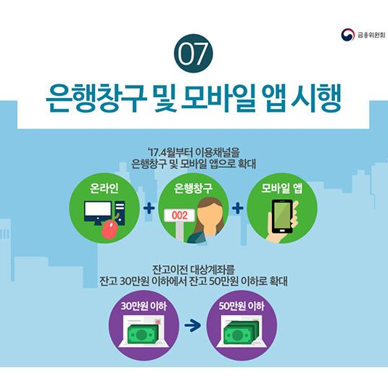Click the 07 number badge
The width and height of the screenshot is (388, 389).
[x=194, y=54]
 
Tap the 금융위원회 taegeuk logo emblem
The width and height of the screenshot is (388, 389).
[x=348, y=35]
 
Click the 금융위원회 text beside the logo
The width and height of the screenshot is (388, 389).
[x=371, y=35]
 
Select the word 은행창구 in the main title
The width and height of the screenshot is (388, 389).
[x=96, y=98]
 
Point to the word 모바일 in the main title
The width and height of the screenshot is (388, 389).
[x=219, y=98]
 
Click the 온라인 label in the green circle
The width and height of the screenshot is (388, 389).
[x=104, y=188]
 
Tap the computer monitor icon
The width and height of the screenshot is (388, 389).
[x=98, y=213]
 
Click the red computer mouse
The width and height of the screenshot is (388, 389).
[x=110, y=230]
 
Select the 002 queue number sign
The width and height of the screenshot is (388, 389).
[x=180, y=215]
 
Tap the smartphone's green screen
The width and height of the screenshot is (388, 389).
[x=282, y=216]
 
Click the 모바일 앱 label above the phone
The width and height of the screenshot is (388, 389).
[x=282, y=189]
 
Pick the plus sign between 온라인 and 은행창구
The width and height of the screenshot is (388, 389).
[x=149, y=208]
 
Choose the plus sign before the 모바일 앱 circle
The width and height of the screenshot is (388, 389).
[x=238, y=208]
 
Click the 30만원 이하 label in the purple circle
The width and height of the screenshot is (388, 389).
[x=144, y=306]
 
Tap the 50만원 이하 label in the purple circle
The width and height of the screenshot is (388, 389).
[x=242, y=306]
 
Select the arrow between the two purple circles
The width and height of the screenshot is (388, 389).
[x=193, y=325]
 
